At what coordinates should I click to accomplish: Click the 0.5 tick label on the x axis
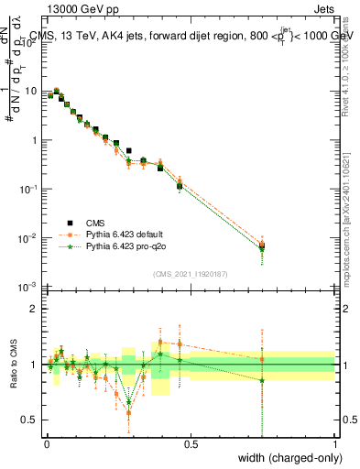(x=191, y=444)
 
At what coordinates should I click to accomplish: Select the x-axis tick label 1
(x=335, y=444)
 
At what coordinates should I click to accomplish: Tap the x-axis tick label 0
(x=46, y=444)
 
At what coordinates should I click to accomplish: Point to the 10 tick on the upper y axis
(x=30, y=91)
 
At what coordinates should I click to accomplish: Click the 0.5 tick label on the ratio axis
(x=32, y=420)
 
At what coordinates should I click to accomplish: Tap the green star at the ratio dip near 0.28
(x=129, y=401)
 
